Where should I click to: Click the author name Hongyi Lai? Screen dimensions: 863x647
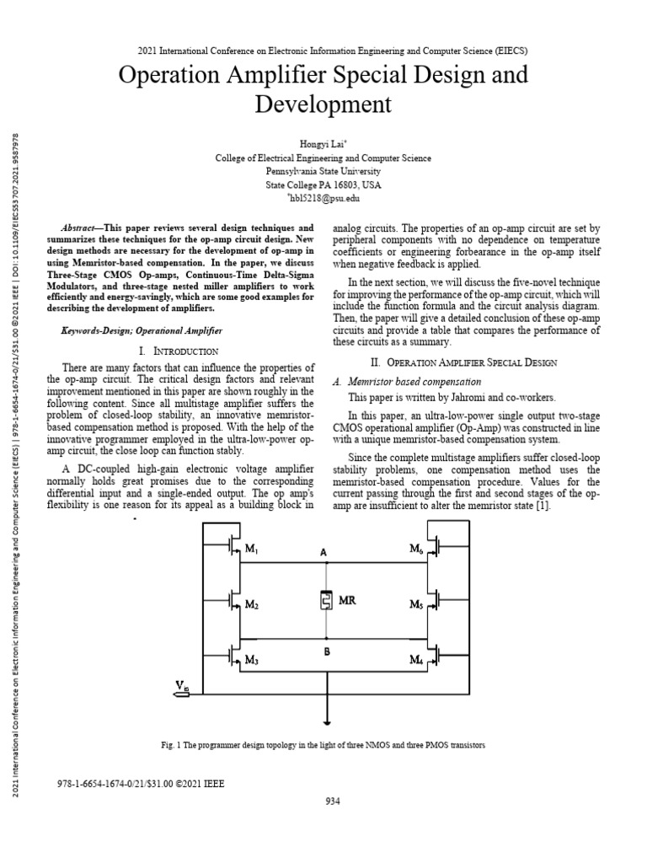coord(323,144)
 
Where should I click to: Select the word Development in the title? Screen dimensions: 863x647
coord(323,105)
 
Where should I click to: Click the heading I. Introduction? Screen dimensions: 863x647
coord(183,350)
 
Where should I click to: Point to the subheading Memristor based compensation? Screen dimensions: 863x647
coord(414,382)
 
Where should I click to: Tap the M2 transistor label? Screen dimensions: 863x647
coord(250,605)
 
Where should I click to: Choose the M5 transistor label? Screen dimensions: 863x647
coord(416,605)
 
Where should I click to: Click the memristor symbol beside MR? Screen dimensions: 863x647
coord(325,601)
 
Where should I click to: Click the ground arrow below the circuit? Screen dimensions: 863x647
coord(325,720)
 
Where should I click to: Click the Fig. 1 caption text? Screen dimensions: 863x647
coord(323,746)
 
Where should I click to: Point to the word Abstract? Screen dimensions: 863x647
coord(82,228)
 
